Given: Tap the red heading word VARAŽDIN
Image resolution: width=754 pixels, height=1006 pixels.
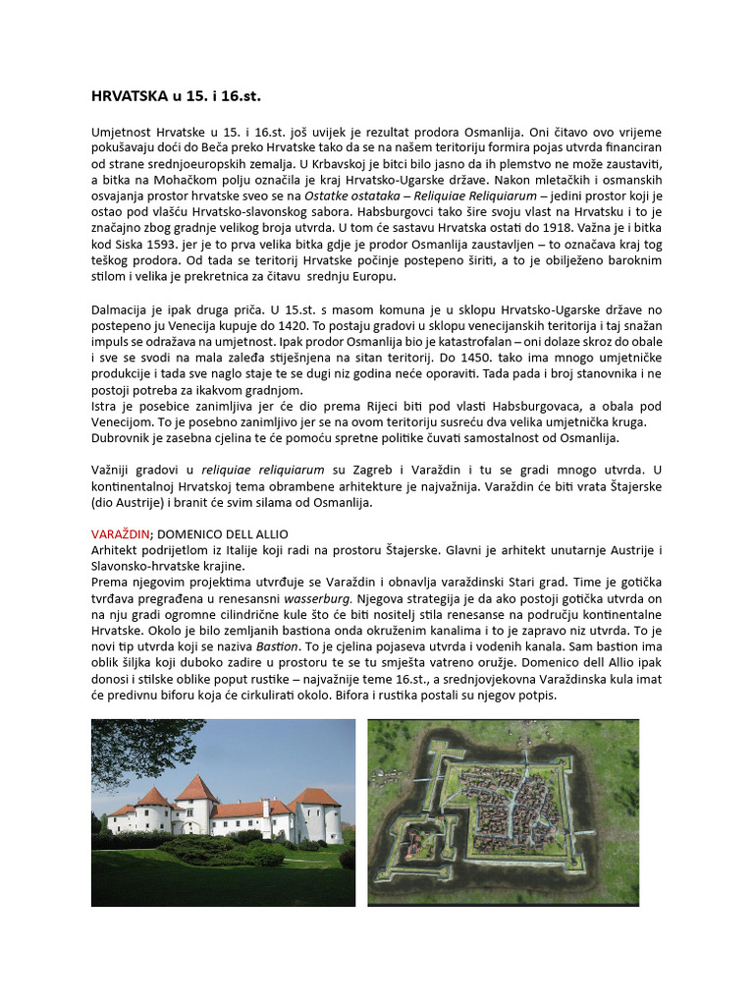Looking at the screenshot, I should (x=120, y=533).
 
